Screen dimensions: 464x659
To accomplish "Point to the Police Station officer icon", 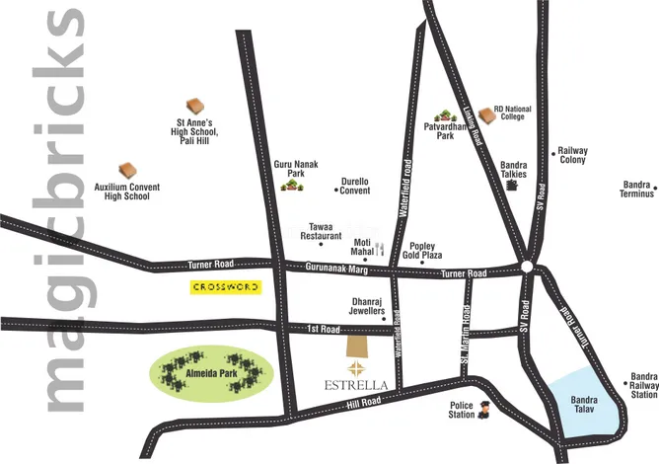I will click(x=484, y=412).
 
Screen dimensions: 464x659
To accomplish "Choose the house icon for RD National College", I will click(x=485, y=116).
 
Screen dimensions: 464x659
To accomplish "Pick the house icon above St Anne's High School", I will click(x=194, y=106).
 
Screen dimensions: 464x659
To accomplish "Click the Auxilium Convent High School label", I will click(x=128, y=191).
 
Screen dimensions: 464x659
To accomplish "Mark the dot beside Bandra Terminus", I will click(x=624, y=186).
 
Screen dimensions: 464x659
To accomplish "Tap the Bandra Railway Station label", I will click(x=644, y=386).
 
